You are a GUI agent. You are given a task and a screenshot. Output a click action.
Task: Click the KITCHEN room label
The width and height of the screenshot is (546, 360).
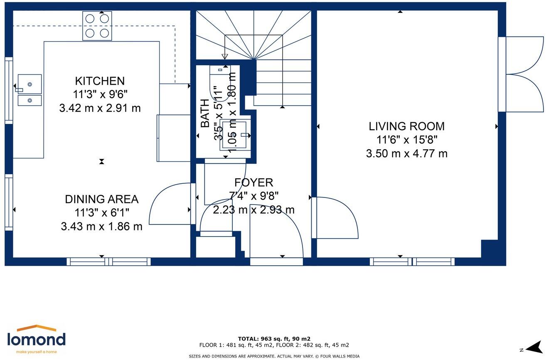[x=100, y=81]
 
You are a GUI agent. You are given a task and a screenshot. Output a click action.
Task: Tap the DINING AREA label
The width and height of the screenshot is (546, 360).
[x=102, y=199]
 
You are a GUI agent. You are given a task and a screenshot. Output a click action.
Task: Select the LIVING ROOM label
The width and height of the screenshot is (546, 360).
[x=406, y=126]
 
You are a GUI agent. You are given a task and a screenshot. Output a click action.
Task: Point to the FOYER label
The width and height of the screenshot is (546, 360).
[x=253, y=182]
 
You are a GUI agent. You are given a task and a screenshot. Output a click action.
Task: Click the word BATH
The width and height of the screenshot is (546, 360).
[x=205, y=113]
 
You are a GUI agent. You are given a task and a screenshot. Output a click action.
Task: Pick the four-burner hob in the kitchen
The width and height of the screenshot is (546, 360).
[x=97, y=26]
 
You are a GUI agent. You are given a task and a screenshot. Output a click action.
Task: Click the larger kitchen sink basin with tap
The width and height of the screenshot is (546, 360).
[x=30, y=84]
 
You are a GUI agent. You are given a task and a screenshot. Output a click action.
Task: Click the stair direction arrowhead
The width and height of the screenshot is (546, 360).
[x=224, y=57]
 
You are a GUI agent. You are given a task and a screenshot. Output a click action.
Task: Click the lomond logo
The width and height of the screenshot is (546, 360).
[x=37, y=339]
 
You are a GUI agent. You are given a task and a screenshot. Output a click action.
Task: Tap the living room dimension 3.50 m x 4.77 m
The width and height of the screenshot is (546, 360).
[x=406, y=154]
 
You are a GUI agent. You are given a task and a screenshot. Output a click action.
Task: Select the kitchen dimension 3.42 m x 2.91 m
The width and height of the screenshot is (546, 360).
[x=100, y=108]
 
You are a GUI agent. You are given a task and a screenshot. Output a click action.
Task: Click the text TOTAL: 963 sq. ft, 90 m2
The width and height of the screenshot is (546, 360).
[x=274, y=338]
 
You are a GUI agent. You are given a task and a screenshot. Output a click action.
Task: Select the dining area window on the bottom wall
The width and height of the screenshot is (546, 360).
[x=109, y=261]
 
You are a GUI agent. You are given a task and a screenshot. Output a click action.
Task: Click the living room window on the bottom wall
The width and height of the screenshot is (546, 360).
[x=412, y=261]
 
